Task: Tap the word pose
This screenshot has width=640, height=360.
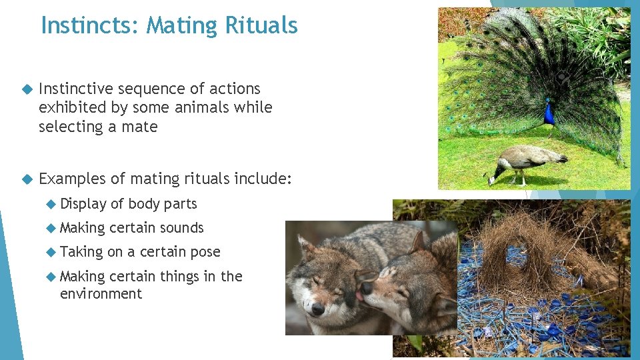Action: point(206,252)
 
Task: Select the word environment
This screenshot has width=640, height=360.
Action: point(101,294)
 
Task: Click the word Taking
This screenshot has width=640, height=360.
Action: point(81,252)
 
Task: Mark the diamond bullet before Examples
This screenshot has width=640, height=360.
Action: point(27,179)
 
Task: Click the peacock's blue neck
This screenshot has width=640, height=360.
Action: point(549,113)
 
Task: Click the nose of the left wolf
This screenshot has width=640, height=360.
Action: point(317,308)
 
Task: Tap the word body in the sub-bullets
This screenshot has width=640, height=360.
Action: point(143,204)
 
